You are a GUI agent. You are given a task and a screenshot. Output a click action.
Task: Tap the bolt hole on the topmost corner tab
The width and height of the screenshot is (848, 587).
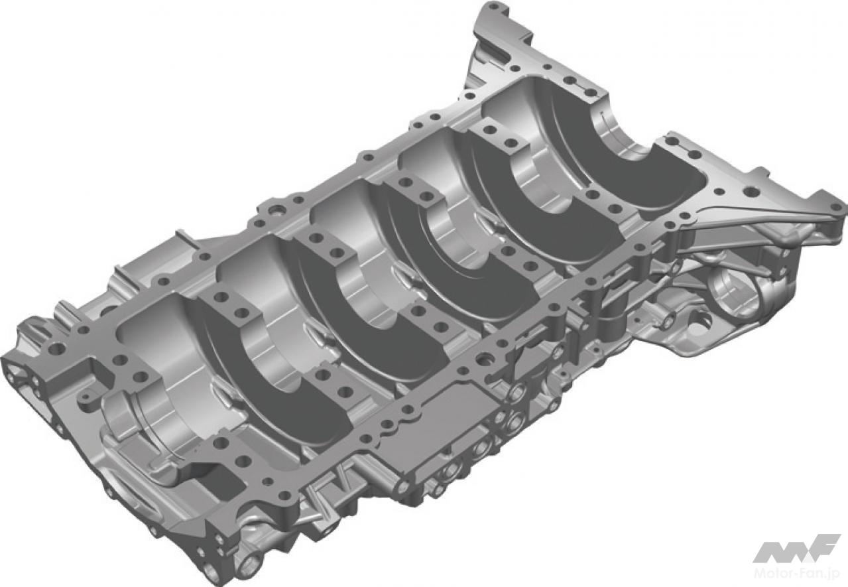coord(493,7)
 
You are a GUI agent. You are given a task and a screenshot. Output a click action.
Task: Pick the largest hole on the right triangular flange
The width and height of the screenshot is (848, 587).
coord(751,192)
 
